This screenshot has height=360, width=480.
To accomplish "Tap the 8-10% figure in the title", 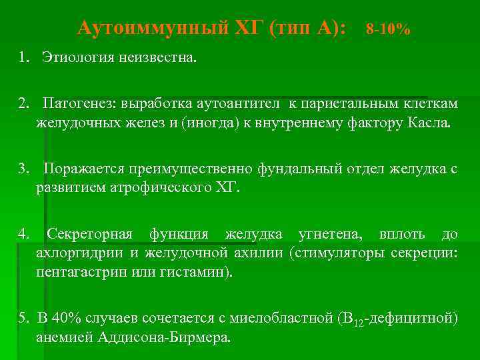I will click(388, 29).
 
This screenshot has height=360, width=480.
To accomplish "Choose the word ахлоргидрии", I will click(80, 253).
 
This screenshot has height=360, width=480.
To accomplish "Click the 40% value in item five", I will click(62, 318).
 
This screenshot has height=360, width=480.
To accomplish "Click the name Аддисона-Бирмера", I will click(165, 337).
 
